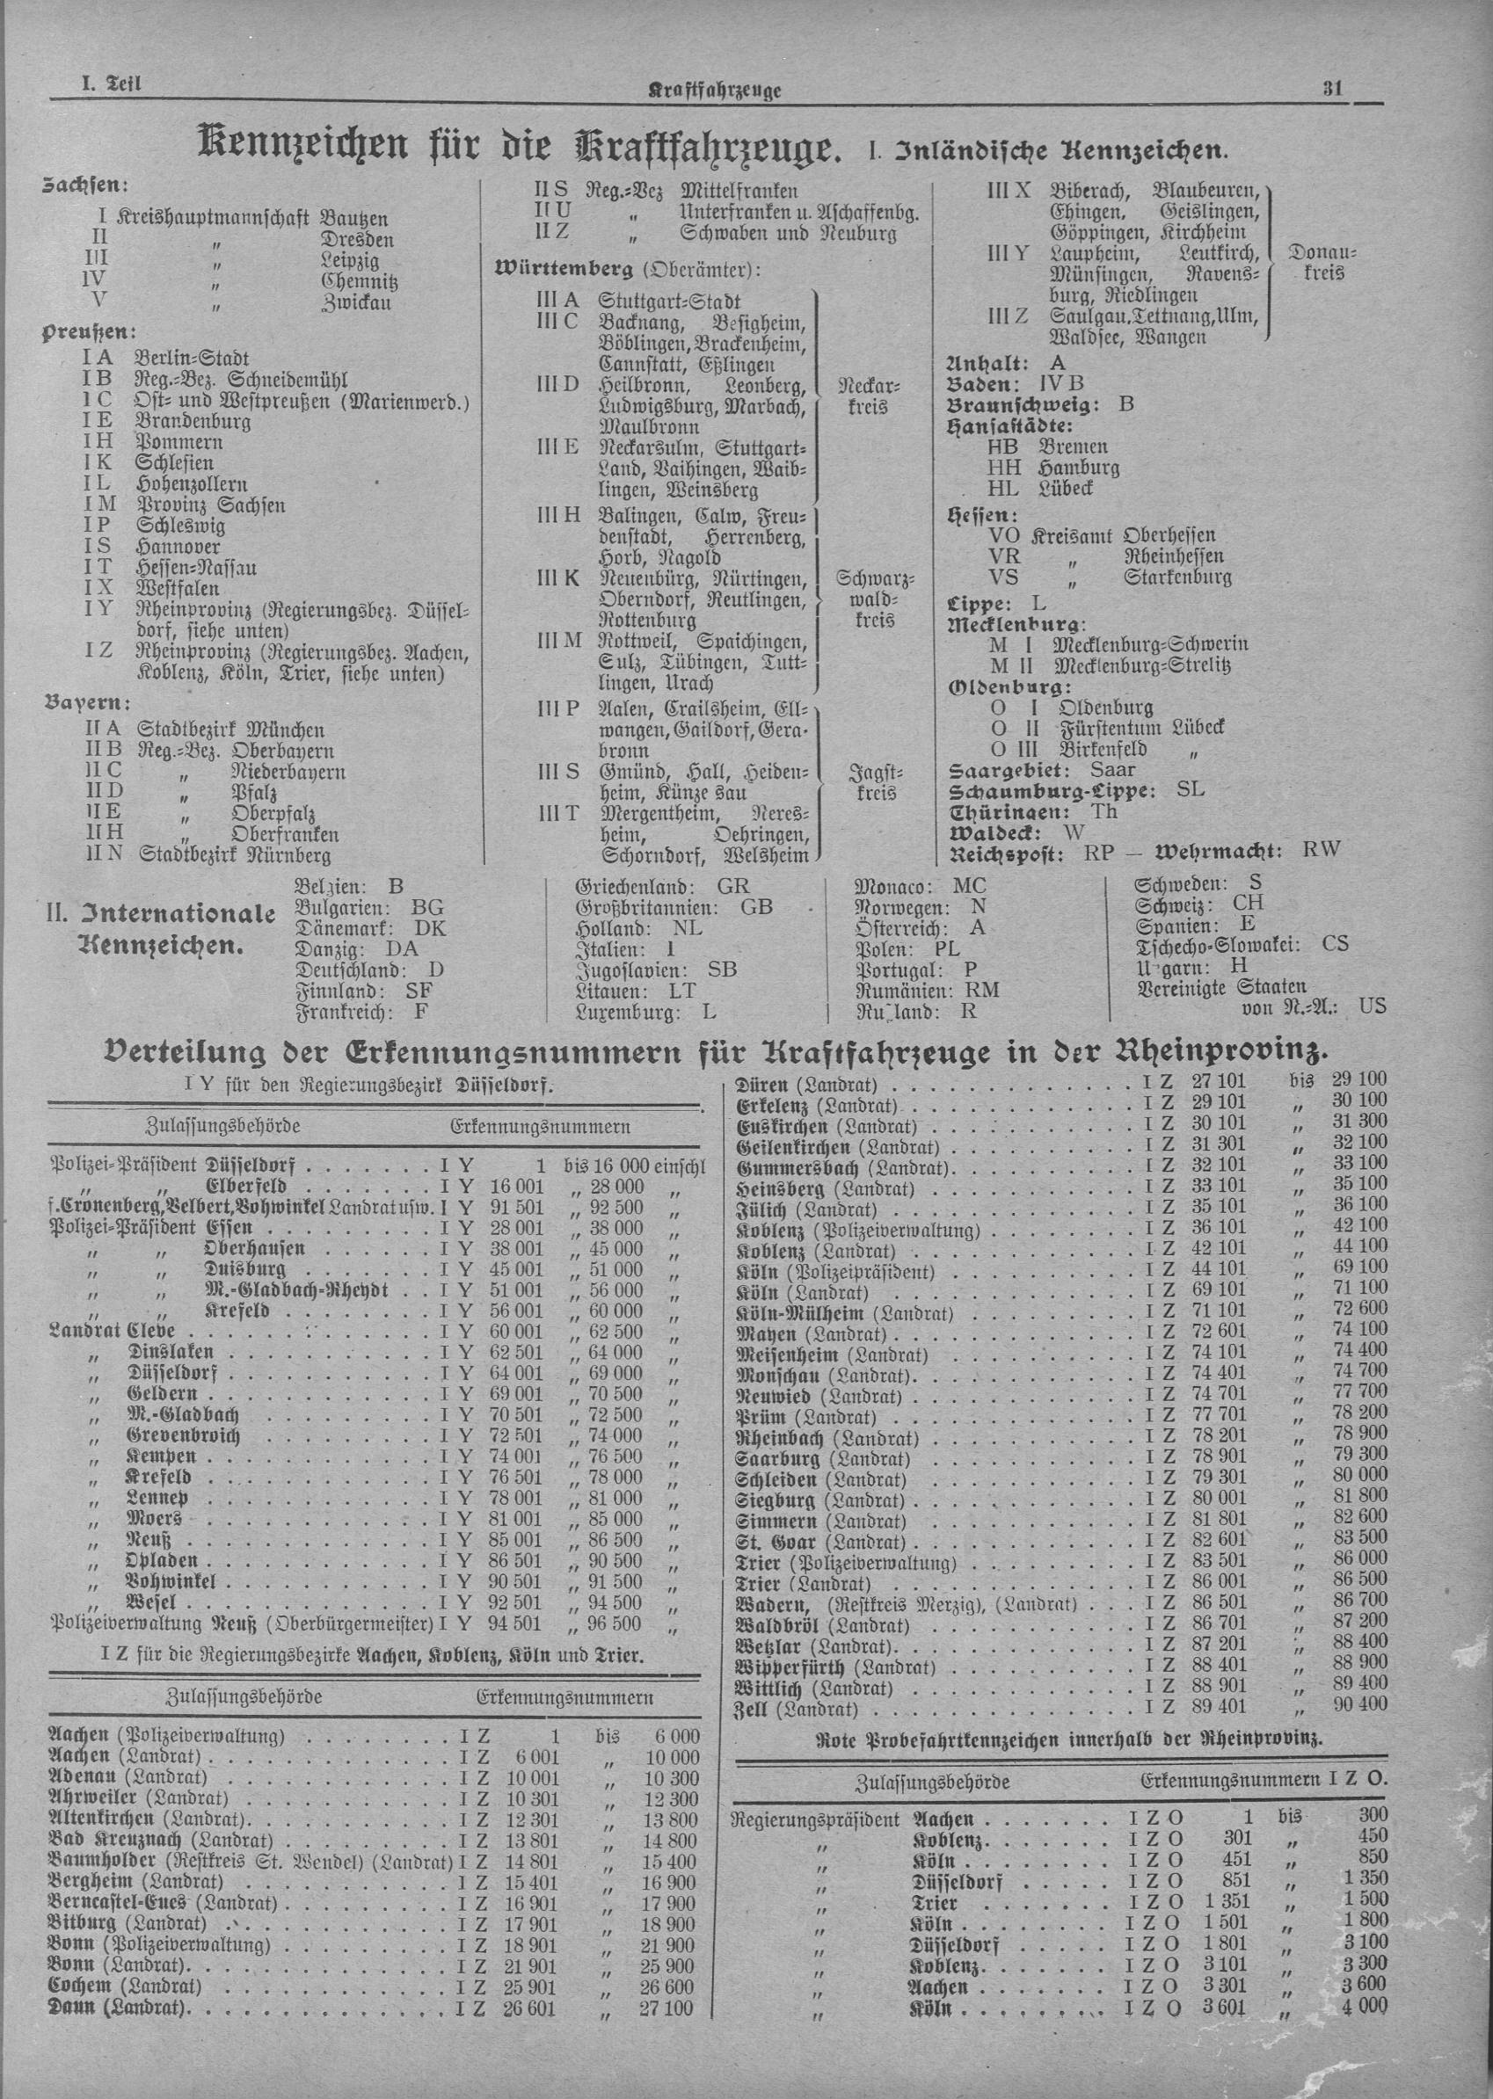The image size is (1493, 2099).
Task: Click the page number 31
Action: tap(1333, 89)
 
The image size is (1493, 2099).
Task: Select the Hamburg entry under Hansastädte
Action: tap(1078, 468)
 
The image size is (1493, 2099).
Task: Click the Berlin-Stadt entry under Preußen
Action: tap(191, 359)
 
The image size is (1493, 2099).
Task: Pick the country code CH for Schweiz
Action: tap(1249, 904)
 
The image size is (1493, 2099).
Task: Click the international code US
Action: tap(1371, 1006)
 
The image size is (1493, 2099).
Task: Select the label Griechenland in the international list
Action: tap(632, 887)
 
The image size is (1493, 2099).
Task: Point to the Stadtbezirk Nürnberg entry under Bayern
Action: tap(235, 855)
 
